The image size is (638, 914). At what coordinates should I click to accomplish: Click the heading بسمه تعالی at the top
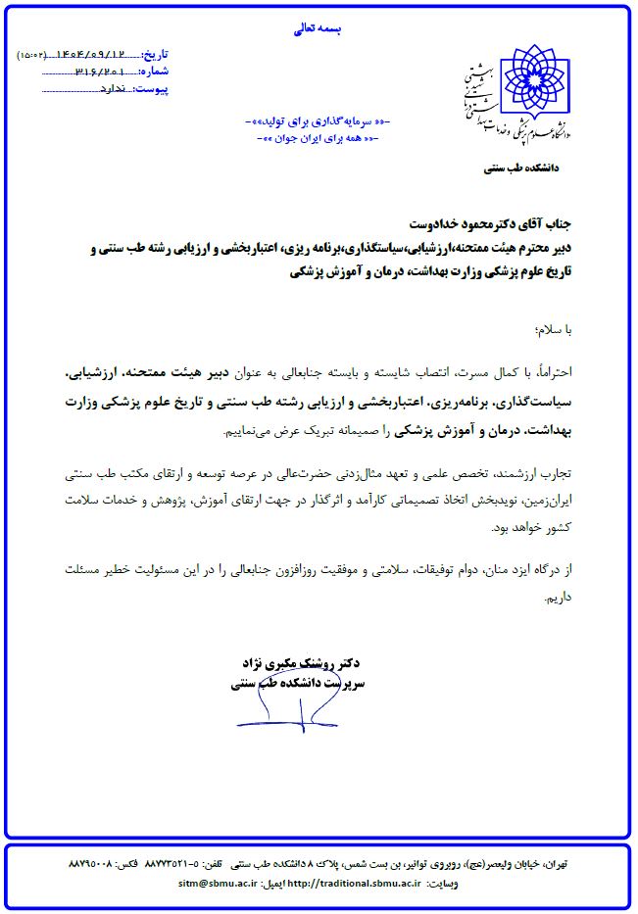tap(318, 30)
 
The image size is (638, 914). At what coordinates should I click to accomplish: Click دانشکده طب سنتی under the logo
tap(520, 168)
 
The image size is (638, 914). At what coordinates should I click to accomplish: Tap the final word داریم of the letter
tap(569, 594)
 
